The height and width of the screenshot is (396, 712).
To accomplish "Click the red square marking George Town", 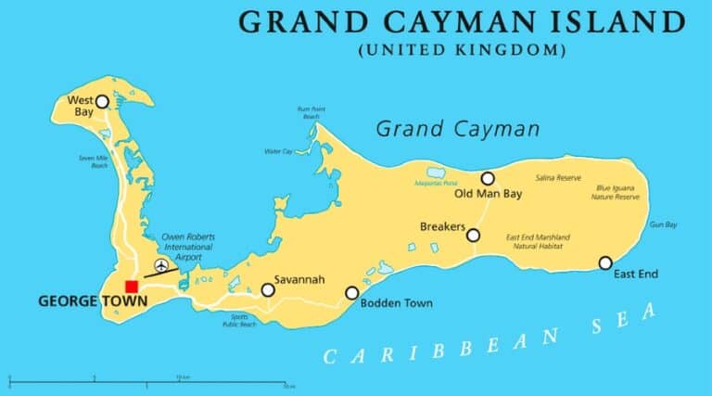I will pyautogui.click(x=133, y=286).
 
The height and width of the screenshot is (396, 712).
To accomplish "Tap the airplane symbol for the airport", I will pyautogui.click(x=162, y=267).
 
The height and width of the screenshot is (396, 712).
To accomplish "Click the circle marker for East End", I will pyautogui.click(x=605, y=263).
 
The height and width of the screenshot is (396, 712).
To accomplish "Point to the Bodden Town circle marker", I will pyautogui.click(x=352, y=293).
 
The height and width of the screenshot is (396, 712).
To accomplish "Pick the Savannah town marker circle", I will pyautogui.click(x=268, y=290).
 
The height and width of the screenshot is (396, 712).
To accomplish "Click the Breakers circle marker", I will pyautogui.click(x=473, y=236).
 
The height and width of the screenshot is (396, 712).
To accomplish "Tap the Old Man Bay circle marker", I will pyautogui.click(x=488, y=178).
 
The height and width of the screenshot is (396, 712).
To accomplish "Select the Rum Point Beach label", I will pyautogui.click(x=310, y=113).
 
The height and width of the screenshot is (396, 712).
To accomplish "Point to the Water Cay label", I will pyautogui.click(x=278, y=151).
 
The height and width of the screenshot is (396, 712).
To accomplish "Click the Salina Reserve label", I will pyautogui.click(x=557, y=178).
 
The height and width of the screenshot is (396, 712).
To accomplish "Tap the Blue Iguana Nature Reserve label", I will pyautogui.click(x=617, y=193).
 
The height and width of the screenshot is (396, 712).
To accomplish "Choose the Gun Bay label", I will pyautogui.click(x=663, y=224).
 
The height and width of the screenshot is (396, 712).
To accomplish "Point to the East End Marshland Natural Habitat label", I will pyautogui.click(x=539, y=241).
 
